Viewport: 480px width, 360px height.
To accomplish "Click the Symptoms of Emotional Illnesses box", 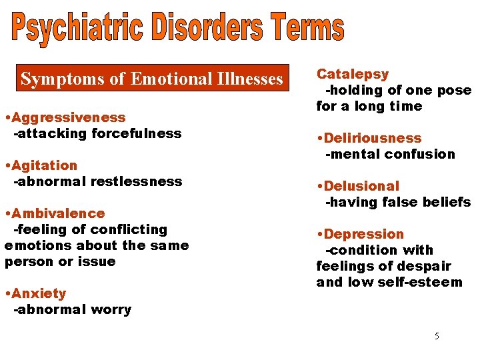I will point(151,79).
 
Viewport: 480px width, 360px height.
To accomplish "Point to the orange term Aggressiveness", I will point(68,117).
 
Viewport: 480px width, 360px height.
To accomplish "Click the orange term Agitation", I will point(44,165).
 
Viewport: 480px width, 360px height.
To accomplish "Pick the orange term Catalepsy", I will point(353,74).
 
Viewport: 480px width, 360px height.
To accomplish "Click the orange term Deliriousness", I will point(373,138).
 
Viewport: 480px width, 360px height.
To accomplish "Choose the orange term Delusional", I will point(361,186).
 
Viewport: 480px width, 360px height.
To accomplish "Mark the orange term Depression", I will point(364,234).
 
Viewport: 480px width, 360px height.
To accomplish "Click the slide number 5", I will point(437,336).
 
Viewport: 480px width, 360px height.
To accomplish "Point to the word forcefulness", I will point(137,133).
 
